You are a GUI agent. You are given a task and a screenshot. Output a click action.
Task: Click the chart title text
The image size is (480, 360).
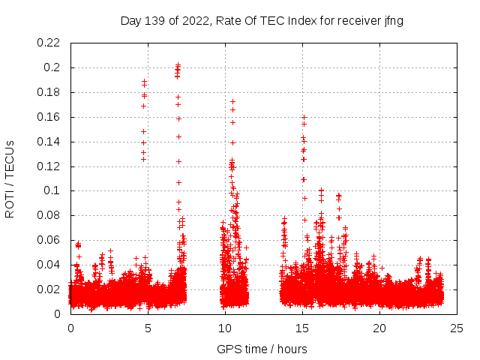coord(262,20)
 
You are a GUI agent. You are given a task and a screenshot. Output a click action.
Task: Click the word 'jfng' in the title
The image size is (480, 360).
coord(393,20)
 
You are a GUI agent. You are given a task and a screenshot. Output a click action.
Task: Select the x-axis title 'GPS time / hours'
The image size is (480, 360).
coord(262,349)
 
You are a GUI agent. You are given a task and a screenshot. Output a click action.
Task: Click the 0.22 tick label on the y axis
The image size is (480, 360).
coord(49,43)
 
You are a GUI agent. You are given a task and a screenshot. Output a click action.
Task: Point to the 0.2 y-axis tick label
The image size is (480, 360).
coord(54,67)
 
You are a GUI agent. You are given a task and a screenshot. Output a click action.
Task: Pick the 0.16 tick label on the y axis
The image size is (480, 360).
coord(49,117)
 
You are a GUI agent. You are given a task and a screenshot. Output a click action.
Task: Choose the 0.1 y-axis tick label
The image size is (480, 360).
coord(54,190)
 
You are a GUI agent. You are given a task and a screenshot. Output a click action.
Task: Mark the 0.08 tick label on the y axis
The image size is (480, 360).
coord(49,215)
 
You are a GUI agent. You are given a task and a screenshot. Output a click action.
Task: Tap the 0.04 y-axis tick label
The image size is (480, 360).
coord(49,265)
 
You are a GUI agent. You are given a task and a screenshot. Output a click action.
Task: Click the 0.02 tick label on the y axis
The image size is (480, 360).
coord(49,289)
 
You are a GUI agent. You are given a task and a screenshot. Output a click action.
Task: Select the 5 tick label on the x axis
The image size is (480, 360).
coord(148,328)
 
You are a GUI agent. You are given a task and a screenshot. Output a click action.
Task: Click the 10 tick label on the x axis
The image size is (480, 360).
coord(225,328)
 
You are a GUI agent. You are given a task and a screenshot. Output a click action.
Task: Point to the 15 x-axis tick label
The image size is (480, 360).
coord(302,328)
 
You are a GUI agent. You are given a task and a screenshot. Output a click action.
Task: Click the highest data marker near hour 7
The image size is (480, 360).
coord(178,65)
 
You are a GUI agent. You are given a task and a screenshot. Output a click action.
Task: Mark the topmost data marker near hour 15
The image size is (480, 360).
coord(304,117)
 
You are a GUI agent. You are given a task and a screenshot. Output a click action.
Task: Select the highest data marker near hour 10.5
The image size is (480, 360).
coord(232,101)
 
